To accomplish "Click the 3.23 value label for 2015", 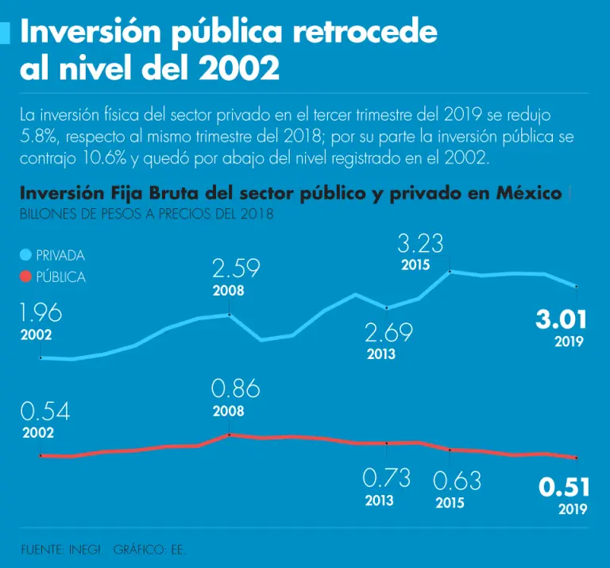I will (x=420, y=243).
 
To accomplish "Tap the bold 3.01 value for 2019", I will (x=561, y=320).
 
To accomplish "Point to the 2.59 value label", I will (x=236, y=269).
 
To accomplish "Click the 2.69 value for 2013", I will (x=388, y=332).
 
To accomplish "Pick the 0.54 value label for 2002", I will (x=45, y=412).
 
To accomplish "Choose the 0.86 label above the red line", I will (x=235, y=389).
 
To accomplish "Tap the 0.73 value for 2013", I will (x=386, y=478).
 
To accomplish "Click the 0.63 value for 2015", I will (x=457, y=481).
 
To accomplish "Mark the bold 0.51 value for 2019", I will (x=563, y=487).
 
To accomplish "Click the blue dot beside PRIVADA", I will (x=25, y=255).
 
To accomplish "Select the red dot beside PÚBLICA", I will (x=25, y=277).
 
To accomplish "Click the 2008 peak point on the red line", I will (x=230, y=435).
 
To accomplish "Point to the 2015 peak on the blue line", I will (x=450, y=272).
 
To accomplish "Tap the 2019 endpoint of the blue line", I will (x=576, y=286).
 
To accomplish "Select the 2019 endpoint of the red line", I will (x=576, y=458).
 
